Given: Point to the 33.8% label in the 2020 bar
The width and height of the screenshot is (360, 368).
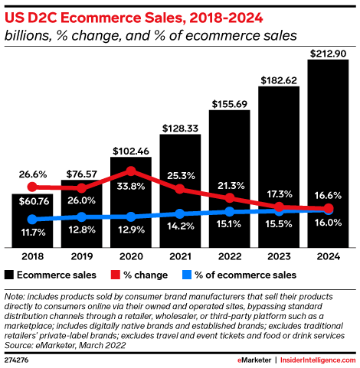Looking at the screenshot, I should click(131, 184).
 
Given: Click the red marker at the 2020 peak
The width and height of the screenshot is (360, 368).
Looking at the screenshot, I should click(131, 171).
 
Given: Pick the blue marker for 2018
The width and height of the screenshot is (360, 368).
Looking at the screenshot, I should click(32, 220).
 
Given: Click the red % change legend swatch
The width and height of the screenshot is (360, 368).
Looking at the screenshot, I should click(117, 274).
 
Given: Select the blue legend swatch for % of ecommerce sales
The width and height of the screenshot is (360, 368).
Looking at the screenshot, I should click(184, 274).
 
